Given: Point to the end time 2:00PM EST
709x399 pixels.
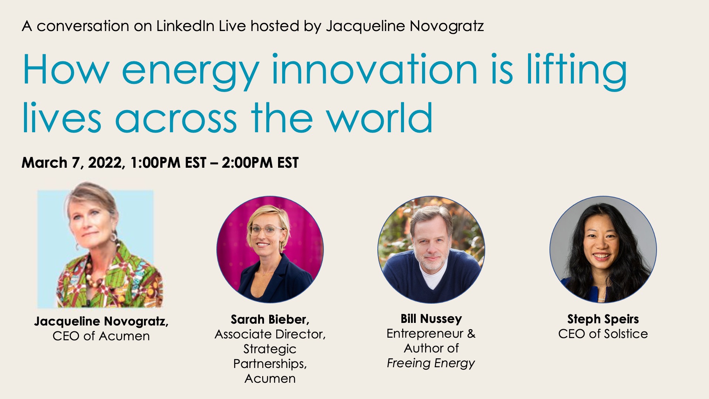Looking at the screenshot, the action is click(x=260, y=163).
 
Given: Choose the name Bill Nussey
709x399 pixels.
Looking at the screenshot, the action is click(x=431, y=318).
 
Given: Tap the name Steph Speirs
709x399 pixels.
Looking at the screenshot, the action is click(x=603, y=319).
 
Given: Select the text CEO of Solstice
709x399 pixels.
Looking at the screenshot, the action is click(x=603, y=334).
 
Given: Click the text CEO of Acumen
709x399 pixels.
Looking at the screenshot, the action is click(x=101, y=336).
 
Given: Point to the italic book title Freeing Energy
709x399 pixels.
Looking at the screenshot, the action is click(x=431, y=363).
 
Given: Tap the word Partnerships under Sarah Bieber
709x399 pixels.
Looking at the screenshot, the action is click(x=270, y=364).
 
